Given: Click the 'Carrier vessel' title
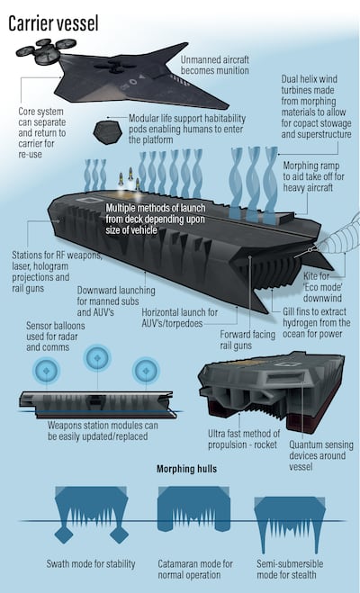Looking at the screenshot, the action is tap(53, 23).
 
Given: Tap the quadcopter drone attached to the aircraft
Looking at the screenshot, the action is tap(46, 51).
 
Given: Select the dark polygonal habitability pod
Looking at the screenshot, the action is tap(106, 133).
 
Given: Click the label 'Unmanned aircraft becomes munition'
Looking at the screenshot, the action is tap(214, 65).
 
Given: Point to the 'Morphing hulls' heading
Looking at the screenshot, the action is tap(187, 469).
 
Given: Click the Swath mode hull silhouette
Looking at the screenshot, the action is tap(92, 510).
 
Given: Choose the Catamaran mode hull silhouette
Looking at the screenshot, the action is tap(193, 508).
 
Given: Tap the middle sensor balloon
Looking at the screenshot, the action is tap(97, 357).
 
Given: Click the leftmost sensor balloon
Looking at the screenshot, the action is tap(46, 371).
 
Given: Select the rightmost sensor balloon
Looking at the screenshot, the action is tap(146, 371).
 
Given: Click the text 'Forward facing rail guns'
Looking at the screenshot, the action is tap(247, 339).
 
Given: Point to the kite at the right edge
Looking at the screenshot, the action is tap(339, 235).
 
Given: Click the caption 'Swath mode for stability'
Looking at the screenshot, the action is tap(91, 564).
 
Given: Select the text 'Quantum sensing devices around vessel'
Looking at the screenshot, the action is tap(321, 455).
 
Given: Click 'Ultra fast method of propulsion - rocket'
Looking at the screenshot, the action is tap(244, 439).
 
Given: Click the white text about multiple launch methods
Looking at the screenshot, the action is tap(156, 219).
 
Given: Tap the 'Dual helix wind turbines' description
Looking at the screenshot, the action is tap(316, 106).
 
